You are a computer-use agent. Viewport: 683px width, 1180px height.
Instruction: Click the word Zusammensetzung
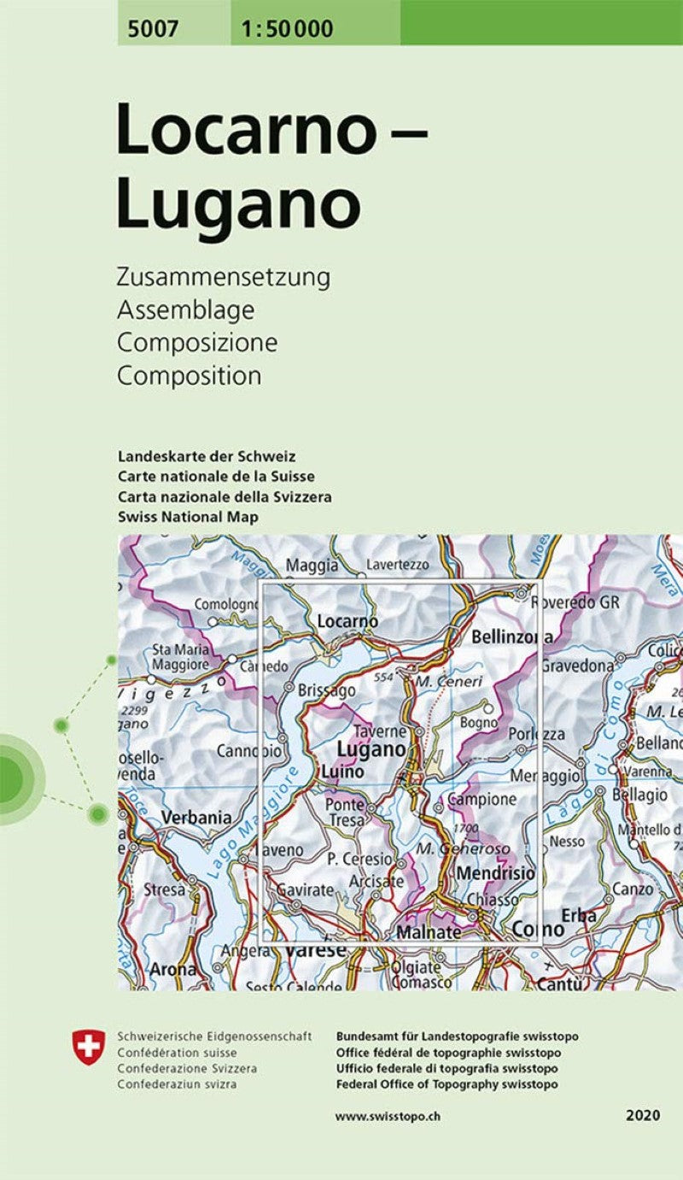click(x=224, y=278)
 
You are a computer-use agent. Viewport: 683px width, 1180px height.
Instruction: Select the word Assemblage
click(x=185, y=310)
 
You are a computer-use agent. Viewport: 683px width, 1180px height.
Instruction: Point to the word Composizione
click(x=197, y=343)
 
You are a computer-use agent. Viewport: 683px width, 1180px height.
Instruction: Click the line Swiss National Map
click(x=189, y=517)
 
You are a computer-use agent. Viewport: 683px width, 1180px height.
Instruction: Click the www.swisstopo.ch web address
click(x=387, y=1116)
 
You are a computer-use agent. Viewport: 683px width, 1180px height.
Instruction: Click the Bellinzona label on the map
click(x=511, y=637)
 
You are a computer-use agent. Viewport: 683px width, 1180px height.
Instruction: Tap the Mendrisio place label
click(x=496, y=874)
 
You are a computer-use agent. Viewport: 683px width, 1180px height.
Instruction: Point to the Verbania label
click(x=197, y=818)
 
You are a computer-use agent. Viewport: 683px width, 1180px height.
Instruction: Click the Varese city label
click(x=316, y=950)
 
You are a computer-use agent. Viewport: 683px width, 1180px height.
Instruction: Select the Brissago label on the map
click(x=327, y=690)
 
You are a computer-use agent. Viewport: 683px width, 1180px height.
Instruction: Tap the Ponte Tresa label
click(x=344, y=813)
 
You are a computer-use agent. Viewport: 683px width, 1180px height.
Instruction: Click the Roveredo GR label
click(x=575, y=602)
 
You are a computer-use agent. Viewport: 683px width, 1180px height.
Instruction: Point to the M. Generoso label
click(x=464, y=849)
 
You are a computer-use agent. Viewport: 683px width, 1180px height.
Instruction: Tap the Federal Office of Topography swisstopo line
click(x=447, y=1084)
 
